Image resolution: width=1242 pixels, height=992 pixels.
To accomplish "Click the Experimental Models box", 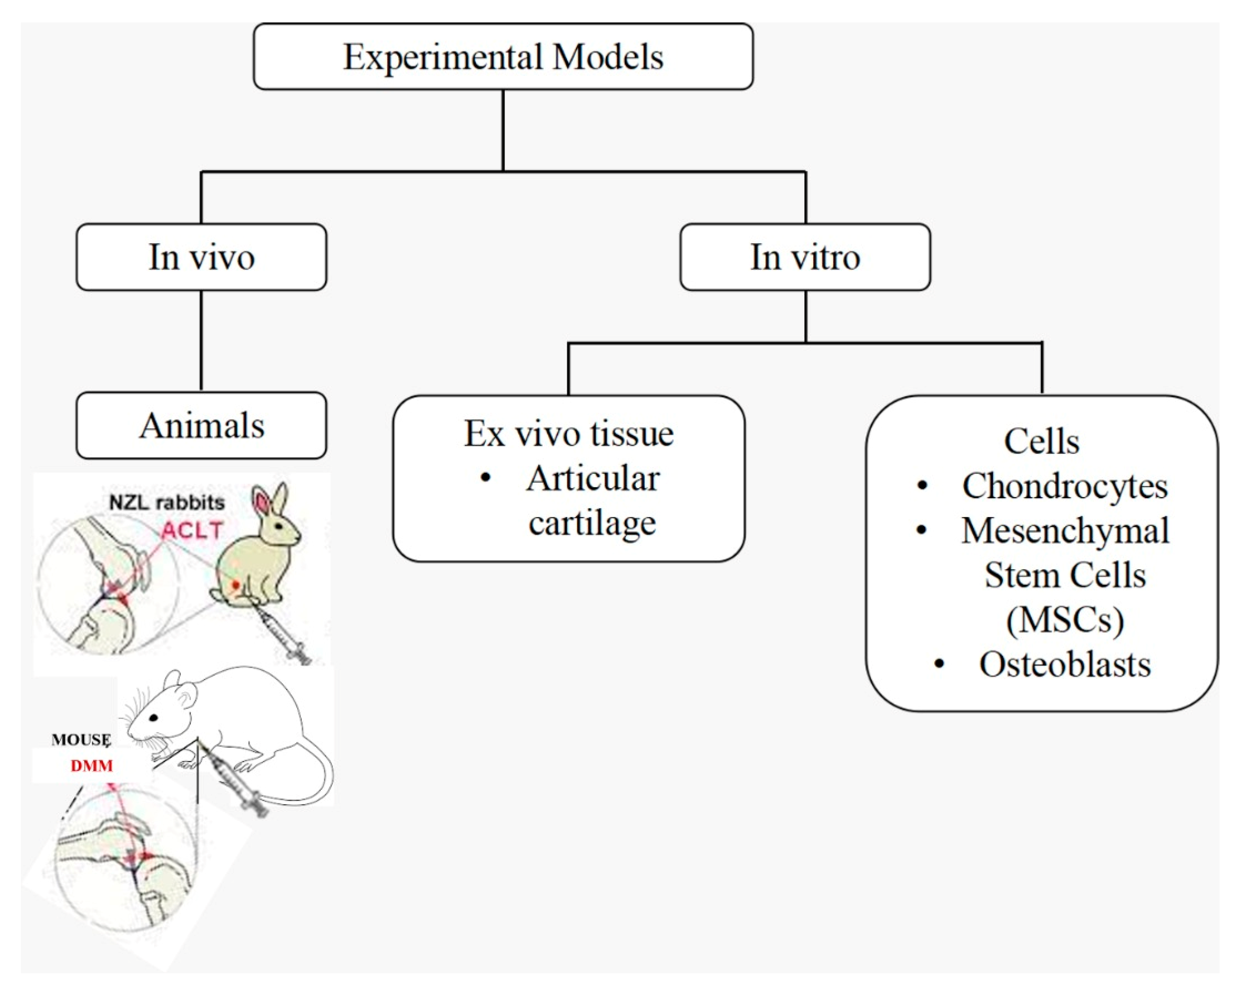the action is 503,57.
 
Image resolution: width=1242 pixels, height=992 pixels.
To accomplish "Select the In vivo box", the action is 201,257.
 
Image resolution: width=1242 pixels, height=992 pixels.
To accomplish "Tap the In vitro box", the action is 805,257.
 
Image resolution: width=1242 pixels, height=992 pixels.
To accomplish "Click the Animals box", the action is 201,425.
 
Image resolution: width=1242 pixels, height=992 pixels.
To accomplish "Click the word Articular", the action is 593,479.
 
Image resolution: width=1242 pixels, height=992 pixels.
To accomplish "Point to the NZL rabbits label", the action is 167,503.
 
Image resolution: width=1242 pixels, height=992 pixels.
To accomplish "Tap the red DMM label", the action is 92,766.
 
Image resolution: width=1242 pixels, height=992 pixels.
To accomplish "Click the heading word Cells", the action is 1042,442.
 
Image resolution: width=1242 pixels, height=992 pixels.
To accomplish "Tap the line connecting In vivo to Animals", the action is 201,341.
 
